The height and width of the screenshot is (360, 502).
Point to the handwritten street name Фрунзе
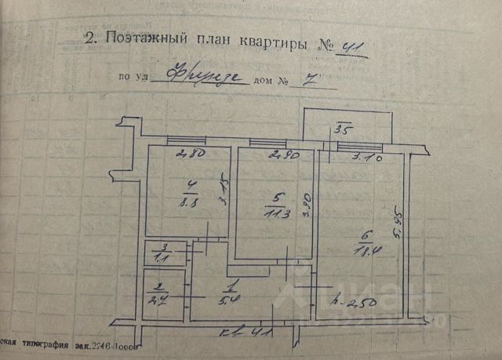click(x=198, y=77)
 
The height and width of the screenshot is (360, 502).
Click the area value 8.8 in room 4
click(x=189, y=201)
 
